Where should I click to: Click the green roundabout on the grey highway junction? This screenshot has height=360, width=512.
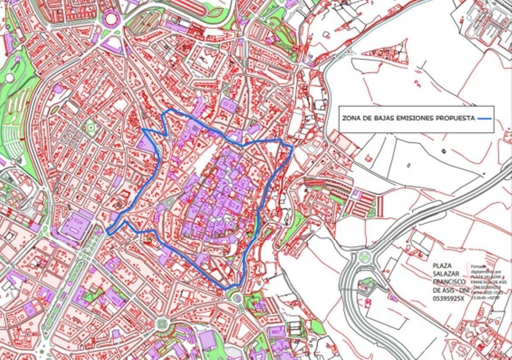[x=364, y=257]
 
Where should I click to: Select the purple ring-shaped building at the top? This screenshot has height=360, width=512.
[x=111, y=18]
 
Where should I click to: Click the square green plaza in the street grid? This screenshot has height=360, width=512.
[x=90, y=127]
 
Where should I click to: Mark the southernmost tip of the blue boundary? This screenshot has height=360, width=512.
[x=226, y=290]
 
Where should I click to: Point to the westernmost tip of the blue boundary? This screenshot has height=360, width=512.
[x=107, y=233]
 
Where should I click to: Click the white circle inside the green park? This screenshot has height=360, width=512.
[x=9, y=78]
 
